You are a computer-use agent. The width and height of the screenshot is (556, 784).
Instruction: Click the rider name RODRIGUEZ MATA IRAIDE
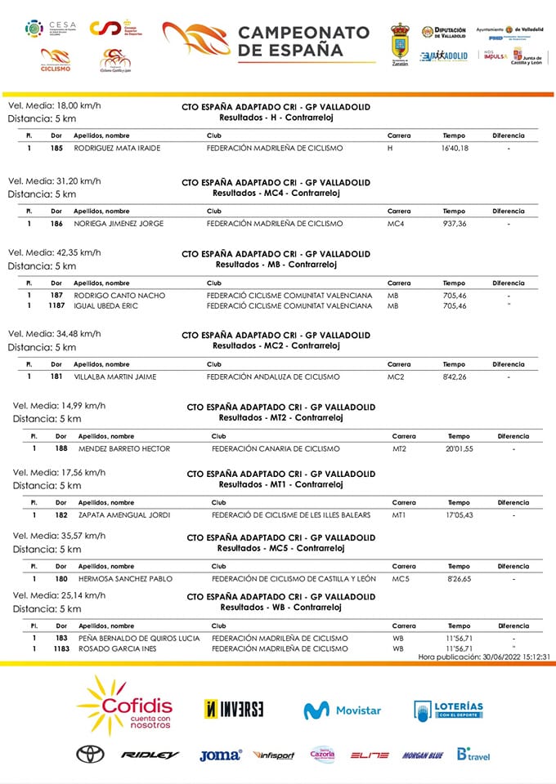coord(117,149)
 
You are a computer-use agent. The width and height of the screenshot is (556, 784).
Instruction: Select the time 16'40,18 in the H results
coord(455,149)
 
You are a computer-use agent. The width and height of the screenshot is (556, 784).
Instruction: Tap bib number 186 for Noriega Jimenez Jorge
coord(56,224)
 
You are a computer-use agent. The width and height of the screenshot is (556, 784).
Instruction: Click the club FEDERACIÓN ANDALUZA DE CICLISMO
coord(273,377)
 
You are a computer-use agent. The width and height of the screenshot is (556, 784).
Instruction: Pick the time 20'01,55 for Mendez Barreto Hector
coord(460,449)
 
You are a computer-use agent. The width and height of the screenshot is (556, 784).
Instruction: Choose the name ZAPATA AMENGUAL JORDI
coord(123,515)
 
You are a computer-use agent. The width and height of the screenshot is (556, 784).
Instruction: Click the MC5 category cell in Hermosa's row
coord(401,579)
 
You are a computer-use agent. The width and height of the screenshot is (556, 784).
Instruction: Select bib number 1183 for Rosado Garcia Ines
coord(60,649)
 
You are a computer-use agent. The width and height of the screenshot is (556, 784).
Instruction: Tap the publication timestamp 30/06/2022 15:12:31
coord(483,657)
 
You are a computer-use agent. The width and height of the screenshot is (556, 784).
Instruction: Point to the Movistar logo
coord(342,710)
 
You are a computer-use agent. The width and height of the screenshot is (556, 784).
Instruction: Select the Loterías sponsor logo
coord(448,710)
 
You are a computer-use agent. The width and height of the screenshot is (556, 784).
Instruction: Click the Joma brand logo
coord(220,755)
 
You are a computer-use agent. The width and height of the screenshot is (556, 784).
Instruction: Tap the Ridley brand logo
coord(150,755)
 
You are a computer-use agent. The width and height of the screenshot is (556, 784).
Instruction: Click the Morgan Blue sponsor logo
coord(422,755)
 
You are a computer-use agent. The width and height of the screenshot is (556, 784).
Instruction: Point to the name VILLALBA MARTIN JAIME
coord(115,377)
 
